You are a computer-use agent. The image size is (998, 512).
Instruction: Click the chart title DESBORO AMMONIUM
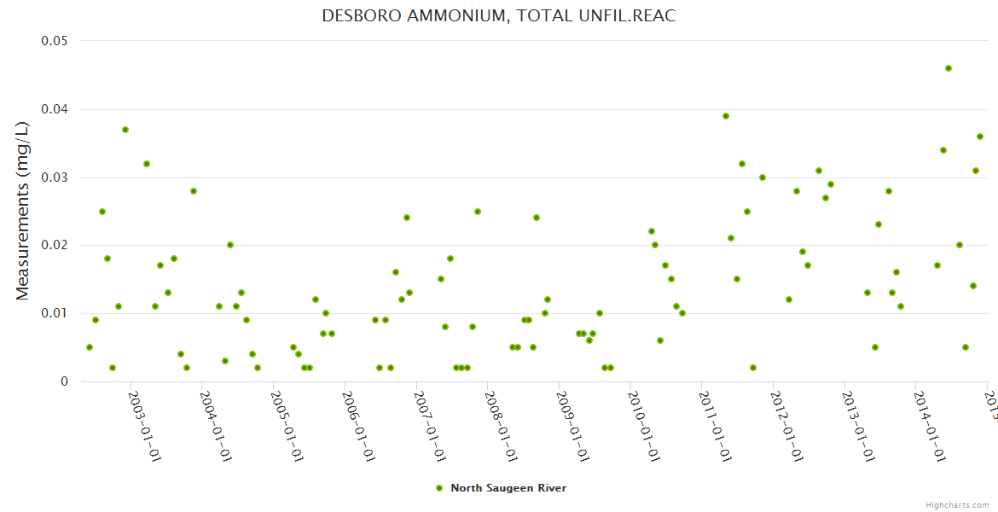pyautogui.click(x=498, y=16)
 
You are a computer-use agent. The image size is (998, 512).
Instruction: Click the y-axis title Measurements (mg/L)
pyautogui.click(x=23, y=210)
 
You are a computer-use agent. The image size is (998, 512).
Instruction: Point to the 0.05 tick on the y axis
pyautogui.click(x=55, y=41)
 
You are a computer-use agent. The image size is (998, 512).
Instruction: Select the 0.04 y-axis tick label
pyautogui.click(x=55, y=109)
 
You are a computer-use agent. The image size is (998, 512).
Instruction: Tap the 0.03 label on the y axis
pyautogui.click(x=55, y=177)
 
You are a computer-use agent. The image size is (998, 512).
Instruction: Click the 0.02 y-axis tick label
pyautogui.click(x=55, y=246)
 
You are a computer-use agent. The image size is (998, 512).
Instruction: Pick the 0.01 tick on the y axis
pyautogui.click(x=55, y=313)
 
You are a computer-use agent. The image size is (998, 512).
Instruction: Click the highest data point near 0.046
pyautogui.click(x=949, y=68)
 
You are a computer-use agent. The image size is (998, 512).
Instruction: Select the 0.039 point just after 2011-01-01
pyautogui.click(x=726, y=116)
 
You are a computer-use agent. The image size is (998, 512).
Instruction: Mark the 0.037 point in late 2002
pyautogui.click(x=125, y=130)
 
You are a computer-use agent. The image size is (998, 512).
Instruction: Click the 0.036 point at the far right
pyautogui.click(x=980, y=137)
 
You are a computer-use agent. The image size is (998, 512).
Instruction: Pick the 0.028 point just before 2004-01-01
pyautogui.click(x=194, y=191)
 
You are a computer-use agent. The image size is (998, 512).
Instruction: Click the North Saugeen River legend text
pyautogui.click(x=508, y=488)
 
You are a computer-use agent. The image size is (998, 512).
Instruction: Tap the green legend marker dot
pyautogui.click(x=439, y=488)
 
